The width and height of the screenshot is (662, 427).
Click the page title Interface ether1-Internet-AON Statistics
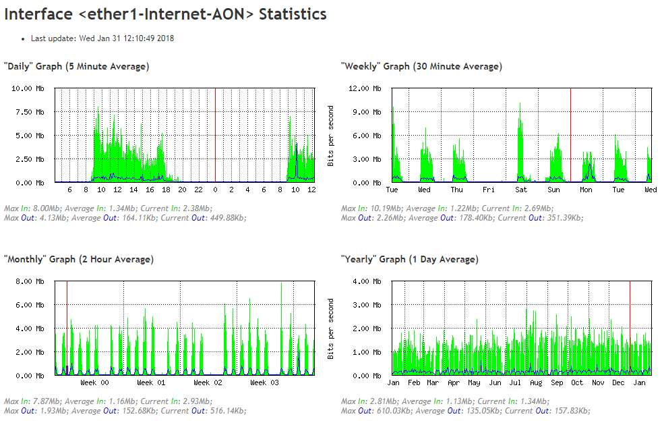(x=166, y=14)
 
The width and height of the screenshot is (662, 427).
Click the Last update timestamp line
(x=102, y=38)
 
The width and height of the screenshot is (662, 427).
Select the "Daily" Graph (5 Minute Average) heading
(x=77, y=66)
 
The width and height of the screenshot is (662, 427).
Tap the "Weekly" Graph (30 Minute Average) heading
(x=421, y=66)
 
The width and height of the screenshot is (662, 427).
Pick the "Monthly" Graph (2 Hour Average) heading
(x=79, y=259)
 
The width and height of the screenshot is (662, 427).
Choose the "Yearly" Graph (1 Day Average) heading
(x=410, y=259)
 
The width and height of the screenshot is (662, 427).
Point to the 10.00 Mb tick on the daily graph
(x=29, y=88)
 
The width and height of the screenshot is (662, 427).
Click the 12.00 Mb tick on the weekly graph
(x=366, y=88)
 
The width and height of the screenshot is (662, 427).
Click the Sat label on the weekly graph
(x=522, y=190)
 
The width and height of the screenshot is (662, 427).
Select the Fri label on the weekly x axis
(x=489, y=190)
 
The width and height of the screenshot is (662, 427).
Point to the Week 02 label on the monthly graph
(x=208, y=383)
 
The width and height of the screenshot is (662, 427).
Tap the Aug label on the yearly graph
(x=536, y=383)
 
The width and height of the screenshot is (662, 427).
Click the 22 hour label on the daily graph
(x=198, y=190)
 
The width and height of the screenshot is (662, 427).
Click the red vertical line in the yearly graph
(x=630, y=324)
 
